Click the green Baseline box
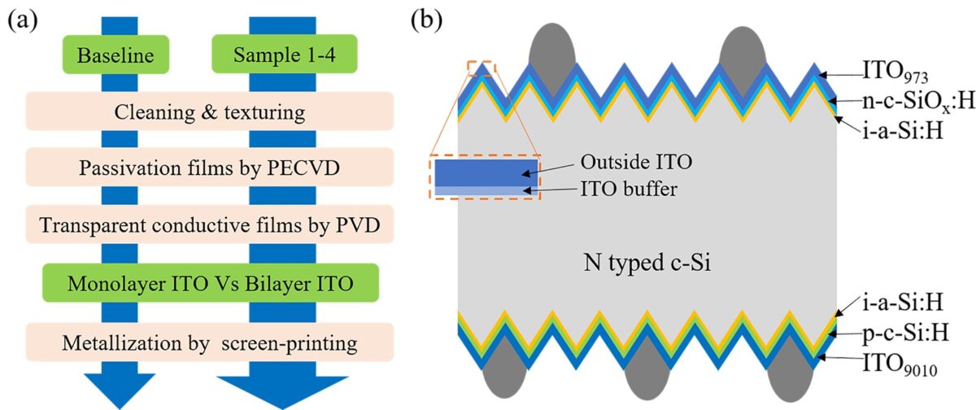tap(115, 55)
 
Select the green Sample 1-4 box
tap(285, 54)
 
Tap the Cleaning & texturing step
tap(210, 111)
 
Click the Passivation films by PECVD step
tap(210, 168)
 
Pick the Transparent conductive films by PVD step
tap(210, 225)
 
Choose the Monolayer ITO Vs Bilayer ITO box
tap(211, 283)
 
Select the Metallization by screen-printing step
tap(210, 342)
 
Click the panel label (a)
tap(23, 20)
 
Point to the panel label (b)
tap(426, 20)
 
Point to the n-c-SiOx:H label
tap(918, 102)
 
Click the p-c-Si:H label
tap(906, 334)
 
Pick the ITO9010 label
tap(900, 365)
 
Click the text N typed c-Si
tap(647, 263)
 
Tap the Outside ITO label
tap(636, 162)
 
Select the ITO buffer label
tap(629, 189)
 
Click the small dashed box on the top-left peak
tap(481, 69)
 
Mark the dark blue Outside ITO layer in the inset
tap(486, 172)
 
